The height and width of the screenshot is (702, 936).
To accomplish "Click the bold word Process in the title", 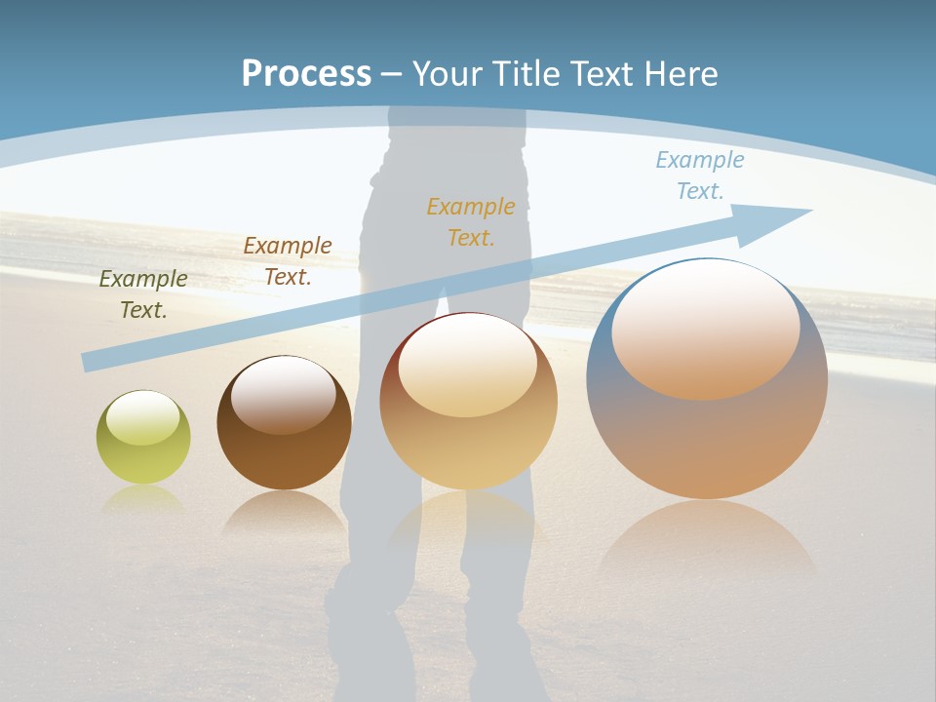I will pos(306,74).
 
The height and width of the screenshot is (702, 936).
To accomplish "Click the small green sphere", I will pos(143,438).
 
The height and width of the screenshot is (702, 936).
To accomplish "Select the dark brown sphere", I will pos(284,423).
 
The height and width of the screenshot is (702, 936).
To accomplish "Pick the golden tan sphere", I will pos(468,402).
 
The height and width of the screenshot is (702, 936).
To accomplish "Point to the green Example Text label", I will pos(143,294).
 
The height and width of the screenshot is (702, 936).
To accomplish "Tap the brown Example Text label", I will pos(288,261).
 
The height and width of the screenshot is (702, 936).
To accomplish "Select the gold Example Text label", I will pos(471,222).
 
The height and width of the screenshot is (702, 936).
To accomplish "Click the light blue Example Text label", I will pos(699,175).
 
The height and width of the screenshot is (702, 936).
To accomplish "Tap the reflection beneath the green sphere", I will pos(143,498).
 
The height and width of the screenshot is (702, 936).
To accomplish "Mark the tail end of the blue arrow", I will pos(90,362).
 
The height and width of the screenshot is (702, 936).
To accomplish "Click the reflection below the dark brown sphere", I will pos(284,512).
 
